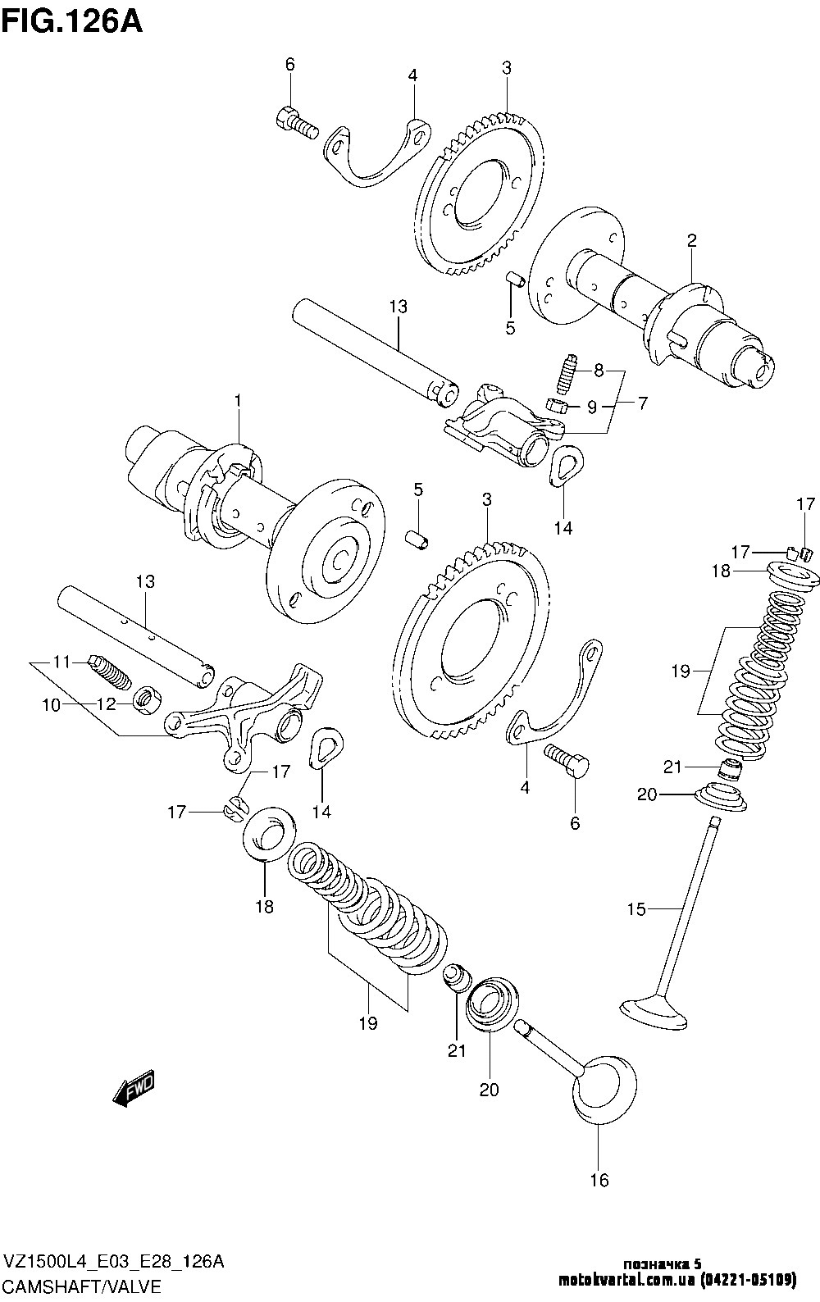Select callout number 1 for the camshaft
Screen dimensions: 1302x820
coord(239,401)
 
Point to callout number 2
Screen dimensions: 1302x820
coord(691,240)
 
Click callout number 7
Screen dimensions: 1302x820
coord(643,403)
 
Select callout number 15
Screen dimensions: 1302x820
coord(636,908)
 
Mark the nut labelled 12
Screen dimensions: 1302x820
coord(148,699)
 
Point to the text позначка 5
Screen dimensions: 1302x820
coord(662,1263)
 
